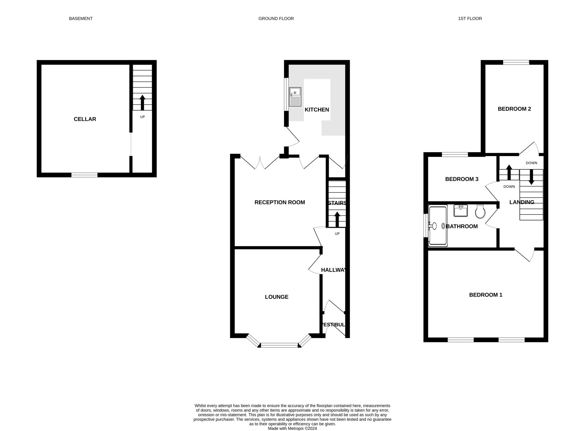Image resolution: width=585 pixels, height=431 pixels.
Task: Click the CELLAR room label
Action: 85,119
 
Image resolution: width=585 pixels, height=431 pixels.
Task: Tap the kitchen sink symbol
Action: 295,97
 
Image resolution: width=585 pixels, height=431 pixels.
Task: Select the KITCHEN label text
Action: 317,110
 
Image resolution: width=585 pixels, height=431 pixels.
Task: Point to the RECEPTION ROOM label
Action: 280,202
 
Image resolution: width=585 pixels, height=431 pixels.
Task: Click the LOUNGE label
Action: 277,297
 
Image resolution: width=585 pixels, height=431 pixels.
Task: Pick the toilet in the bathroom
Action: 480,212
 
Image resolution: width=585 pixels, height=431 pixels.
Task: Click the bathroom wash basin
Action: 461,211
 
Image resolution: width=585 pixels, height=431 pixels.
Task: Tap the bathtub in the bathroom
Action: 438,226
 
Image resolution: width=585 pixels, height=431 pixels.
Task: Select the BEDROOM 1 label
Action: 486,295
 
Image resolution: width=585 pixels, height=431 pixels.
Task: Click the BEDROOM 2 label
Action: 514,109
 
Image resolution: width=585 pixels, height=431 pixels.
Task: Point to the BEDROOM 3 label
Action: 462,179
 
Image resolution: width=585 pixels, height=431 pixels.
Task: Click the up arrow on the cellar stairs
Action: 142,102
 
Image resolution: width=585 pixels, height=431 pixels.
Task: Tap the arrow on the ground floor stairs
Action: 337,219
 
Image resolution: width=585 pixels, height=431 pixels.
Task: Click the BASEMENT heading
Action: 81,18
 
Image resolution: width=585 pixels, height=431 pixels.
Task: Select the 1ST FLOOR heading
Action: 470,18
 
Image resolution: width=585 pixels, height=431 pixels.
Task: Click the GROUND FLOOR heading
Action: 276,18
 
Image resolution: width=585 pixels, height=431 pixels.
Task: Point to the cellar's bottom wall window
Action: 85,175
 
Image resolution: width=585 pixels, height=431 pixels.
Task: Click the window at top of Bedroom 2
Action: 516,62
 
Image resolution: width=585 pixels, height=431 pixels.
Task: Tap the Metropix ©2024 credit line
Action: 292,428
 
